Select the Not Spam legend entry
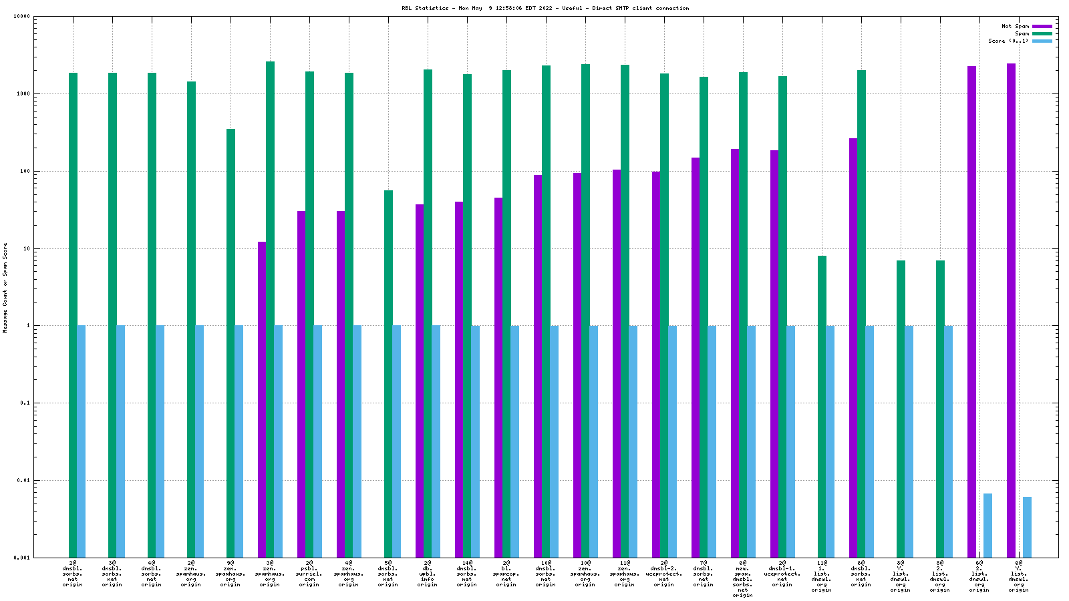(x=1015, y=27)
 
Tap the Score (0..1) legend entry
(x=1008, y=41)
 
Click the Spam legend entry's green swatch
(x=1042, y=33)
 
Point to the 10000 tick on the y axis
(x=22, y=17)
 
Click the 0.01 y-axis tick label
(x=23, y=481)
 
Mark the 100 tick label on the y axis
(x=25, y=172)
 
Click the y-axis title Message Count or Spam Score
(x=5, y=287)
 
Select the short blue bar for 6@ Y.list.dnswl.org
(x=1027, y=527)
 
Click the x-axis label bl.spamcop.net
(x=506, y=574)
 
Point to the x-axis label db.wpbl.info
(x=428, y=574)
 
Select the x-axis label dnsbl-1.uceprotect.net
(x=782, y=574)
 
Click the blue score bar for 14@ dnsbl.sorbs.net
(x=475, y=441)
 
